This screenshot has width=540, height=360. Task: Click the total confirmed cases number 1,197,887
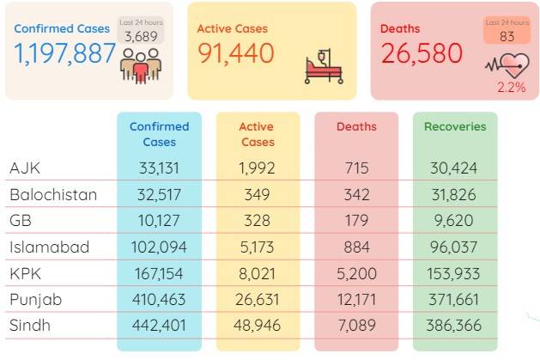[64, 53]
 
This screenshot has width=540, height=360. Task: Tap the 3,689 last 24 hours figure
[141, 37]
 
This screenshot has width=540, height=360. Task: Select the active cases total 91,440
[236, 53]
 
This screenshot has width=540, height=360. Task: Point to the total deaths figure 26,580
[422, 53]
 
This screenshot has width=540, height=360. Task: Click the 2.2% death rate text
[512, 87]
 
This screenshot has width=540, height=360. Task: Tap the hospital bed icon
[324, 66]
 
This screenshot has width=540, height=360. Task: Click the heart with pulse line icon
[507, 65]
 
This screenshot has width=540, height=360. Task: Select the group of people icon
[141, 65]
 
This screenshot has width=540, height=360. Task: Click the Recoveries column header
[455, 126]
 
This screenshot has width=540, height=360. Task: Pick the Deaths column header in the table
[356, 126]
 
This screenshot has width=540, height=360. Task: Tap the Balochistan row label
[53, 195]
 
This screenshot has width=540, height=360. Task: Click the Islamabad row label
[50, 247]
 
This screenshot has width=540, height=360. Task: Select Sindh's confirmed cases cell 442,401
[159, 326]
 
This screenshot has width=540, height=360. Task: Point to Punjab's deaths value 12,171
[356, 300]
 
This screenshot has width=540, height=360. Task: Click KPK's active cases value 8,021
[257, 274]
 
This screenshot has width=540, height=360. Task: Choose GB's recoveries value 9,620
[453, 221]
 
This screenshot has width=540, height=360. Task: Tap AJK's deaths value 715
[357, 168]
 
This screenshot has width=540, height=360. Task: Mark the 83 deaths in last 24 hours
[507, 37]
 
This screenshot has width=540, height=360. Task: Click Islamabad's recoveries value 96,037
[453, 247]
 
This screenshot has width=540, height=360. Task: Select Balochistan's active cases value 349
[257, 195]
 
